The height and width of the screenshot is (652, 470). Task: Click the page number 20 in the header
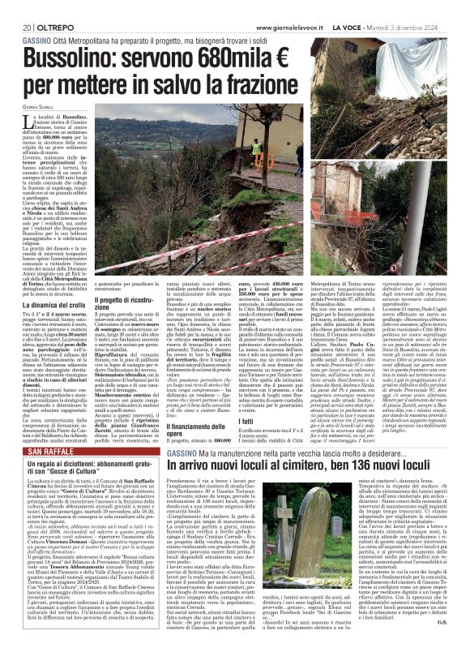coord(16,6)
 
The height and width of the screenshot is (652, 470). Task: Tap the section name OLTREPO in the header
coord(45,6)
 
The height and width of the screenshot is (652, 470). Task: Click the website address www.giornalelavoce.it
coord(280,6)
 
